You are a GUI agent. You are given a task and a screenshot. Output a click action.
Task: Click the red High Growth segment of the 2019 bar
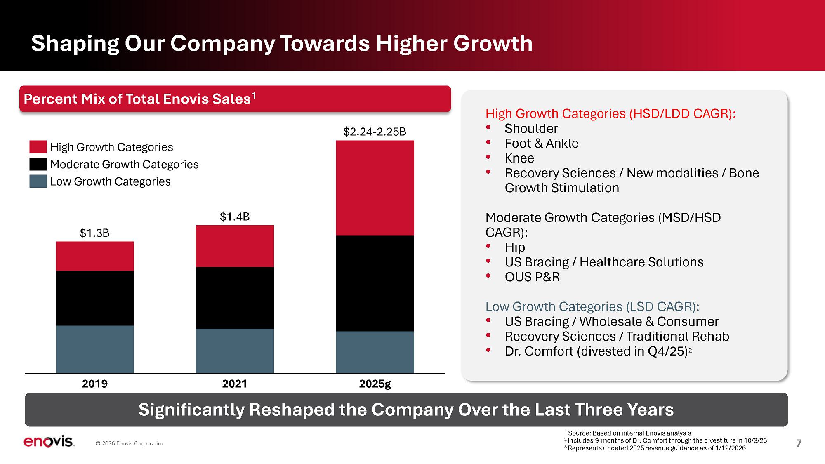tap(94, 256)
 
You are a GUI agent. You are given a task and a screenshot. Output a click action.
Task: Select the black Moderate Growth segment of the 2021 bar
tap(235, 298)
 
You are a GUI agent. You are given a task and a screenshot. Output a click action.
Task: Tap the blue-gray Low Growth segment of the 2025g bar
tap(375, 352)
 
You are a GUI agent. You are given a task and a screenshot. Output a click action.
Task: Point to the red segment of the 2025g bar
tap(375, 188)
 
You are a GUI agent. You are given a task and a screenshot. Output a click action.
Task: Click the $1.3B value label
tap(94, 233)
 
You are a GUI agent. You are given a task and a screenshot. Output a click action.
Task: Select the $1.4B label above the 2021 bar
tap(235, 217)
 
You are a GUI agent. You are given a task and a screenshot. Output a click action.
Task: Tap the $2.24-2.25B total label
tap(375, 132)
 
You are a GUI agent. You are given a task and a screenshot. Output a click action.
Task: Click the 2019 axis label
tap(94, 384)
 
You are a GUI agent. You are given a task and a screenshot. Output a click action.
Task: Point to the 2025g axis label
tap(375, 384)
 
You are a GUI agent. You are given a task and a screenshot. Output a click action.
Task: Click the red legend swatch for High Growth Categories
tap(38, 147)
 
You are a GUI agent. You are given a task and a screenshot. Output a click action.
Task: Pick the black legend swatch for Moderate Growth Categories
tap(38, 164)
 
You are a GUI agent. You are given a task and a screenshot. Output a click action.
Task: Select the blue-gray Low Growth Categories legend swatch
tap(38, 181)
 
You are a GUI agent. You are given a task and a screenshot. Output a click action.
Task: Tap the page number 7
tap(799, 443)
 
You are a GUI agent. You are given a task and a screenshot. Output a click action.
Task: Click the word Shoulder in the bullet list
tap(531, 129)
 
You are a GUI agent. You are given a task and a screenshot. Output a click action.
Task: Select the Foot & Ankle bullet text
tap(541, 144)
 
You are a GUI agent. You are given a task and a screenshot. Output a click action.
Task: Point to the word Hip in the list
tap(515, 247)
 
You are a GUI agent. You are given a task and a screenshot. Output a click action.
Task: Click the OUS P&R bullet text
tap(532, 277)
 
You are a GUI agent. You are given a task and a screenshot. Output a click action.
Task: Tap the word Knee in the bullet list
tap(519, 158)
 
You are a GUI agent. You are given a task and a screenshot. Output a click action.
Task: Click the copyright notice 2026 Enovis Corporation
tap(130, 444)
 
